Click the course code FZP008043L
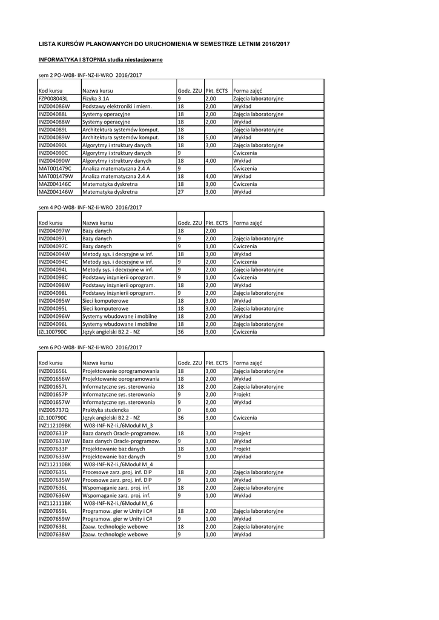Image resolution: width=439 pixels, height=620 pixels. pyautogui.click(x=53, y=98)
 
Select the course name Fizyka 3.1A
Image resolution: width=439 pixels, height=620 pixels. pyautogui.click(x=96, y=98)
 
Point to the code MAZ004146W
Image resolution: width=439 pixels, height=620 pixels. pyautogui.click(x=55, y=192)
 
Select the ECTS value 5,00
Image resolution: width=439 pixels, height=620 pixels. pyautogui.click(x=211, y=137)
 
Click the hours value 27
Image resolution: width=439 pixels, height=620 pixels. pyautogui.click(x=180, y=192)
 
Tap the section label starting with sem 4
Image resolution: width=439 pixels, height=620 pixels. pyautogui.click(x=90, y=208)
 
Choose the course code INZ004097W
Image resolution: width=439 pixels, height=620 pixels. pyautogui.click(x=54, y=231)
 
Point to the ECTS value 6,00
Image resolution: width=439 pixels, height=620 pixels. pyautogui.click(x=211, y=410)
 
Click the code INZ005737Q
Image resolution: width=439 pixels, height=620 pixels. pyautogui.click(x=54, y=410)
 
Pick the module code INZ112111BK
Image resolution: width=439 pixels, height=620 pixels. pyautogui.click(x=55, y=503)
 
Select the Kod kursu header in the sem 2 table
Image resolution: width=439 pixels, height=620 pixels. pyautogui.click(x=50, y=90)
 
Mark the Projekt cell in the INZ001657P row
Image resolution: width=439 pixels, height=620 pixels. pyautogui.click(x=242, y=394)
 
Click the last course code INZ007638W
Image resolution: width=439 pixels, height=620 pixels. pyautogui.click(x=54, y=535)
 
